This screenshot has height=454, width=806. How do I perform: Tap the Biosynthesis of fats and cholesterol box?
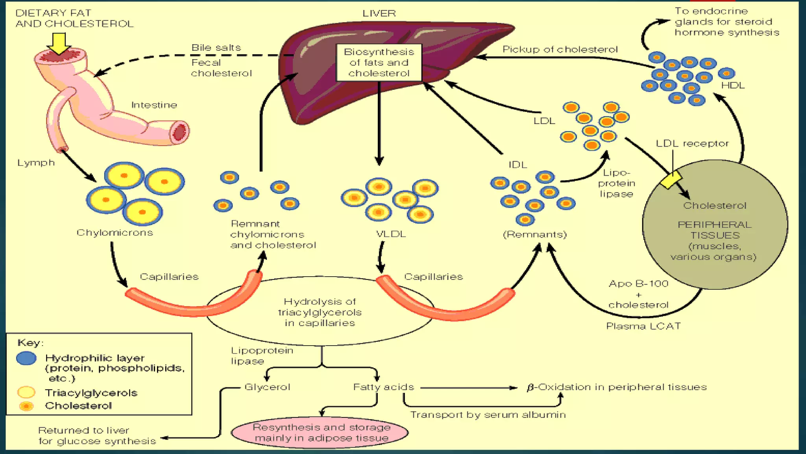(379, 63)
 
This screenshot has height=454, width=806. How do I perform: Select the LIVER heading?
(379, 13)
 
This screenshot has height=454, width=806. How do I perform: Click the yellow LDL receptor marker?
(671, 180)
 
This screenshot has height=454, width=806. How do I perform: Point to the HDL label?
(733, 86)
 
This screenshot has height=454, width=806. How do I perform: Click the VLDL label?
(391, 234)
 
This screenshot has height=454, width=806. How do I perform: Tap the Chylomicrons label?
(115, 233)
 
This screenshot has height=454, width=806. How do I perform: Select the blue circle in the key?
(26, 358)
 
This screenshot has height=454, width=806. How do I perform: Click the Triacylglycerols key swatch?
(26, 393)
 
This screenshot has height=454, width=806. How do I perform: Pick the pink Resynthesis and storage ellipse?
(320, 433)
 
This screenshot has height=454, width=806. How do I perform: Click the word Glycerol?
(267, 387)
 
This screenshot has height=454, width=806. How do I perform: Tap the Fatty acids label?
(384, 387)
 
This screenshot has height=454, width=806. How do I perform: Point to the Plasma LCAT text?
(643, 326)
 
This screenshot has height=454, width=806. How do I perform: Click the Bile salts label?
(216, 48)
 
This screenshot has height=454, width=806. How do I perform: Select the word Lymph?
(36, 163)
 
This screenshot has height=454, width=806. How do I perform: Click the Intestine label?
(154, 105)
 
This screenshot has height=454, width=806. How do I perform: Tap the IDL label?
(518, 165)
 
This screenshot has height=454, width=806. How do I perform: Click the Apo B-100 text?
(638, 284)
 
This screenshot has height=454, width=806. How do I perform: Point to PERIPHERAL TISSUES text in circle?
(715, 230)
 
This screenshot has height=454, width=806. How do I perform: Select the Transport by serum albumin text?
(488, 415)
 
